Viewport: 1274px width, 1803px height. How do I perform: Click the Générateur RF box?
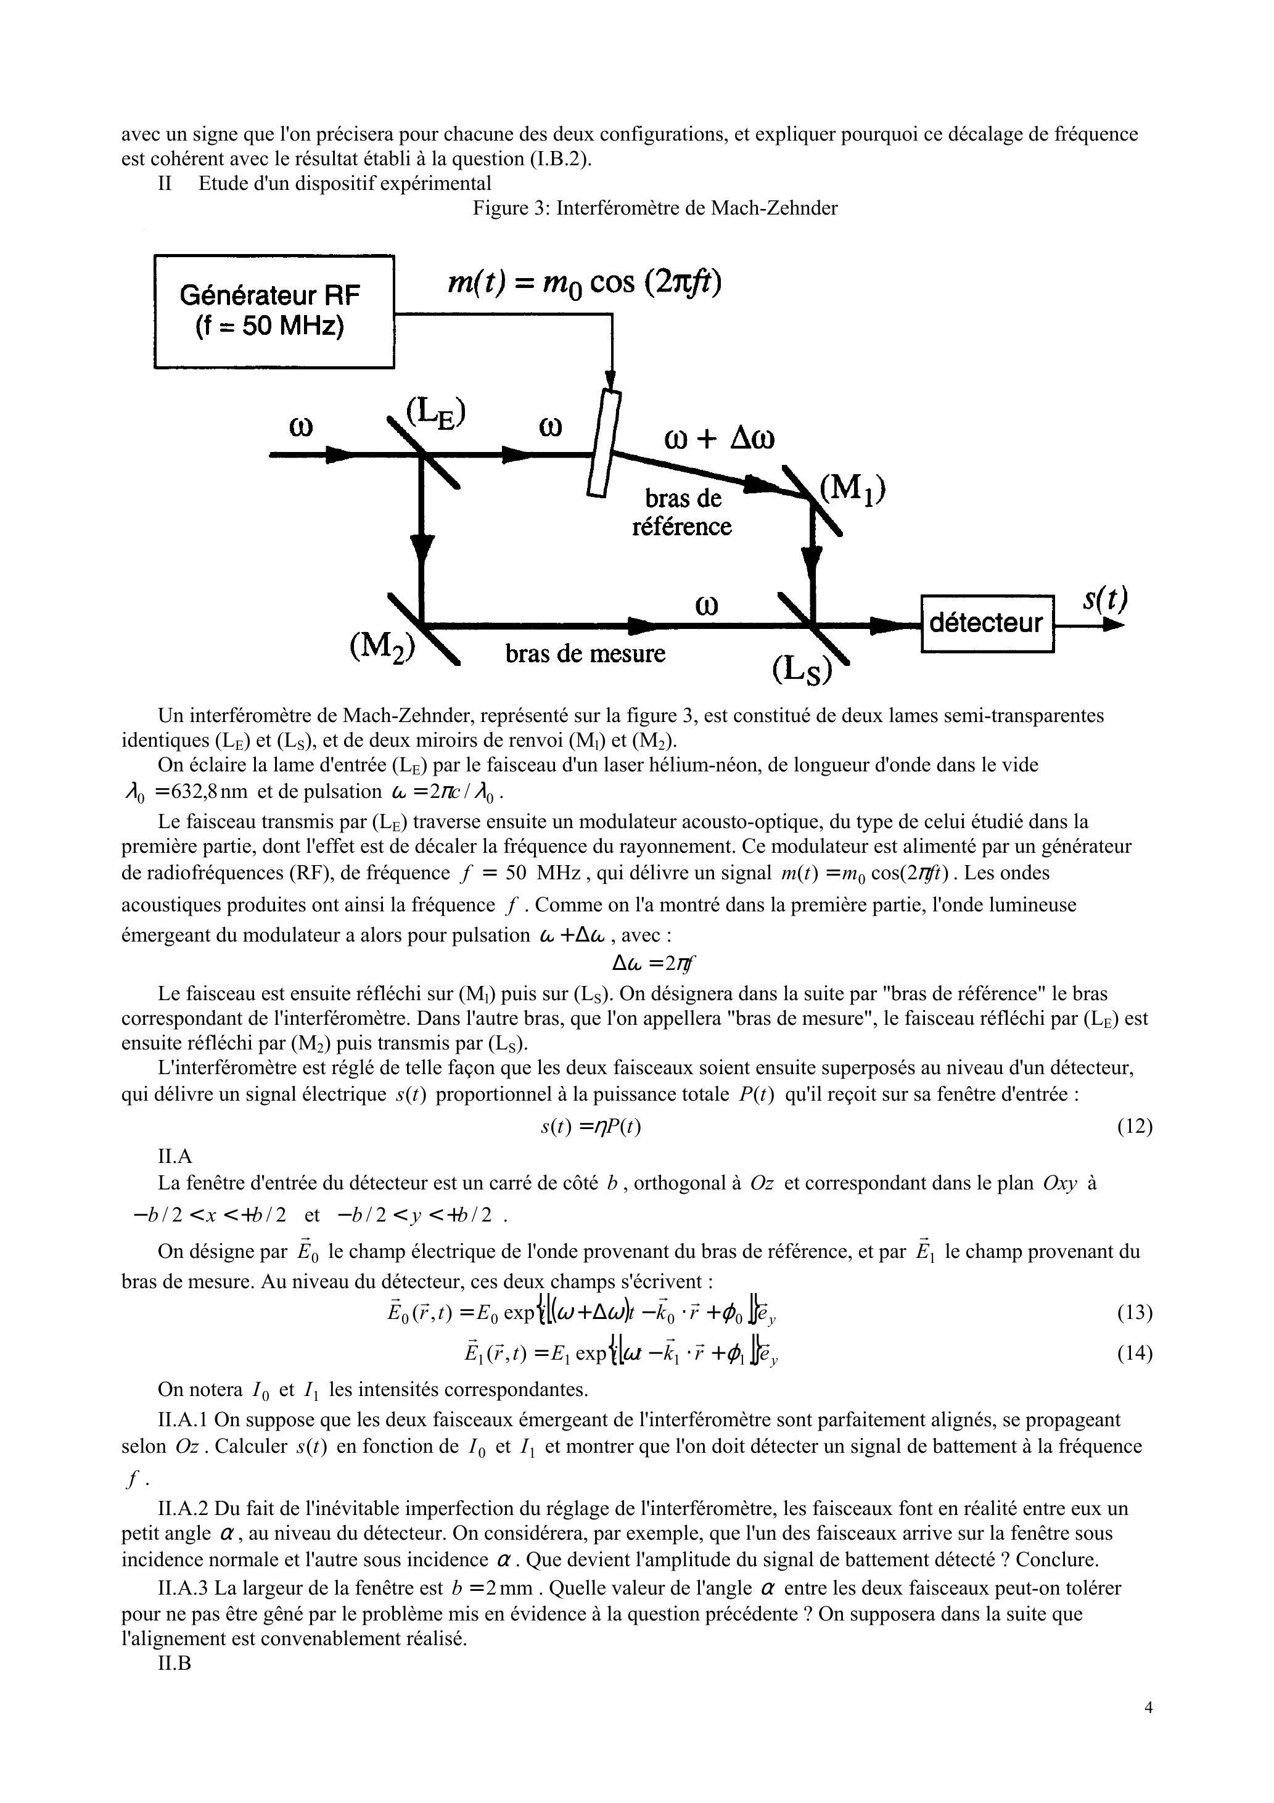point(273,311)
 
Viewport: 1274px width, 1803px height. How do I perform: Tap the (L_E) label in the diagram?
point(436,413)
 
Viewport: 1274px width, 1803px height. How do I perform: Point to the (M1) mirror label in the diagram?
point(852,491)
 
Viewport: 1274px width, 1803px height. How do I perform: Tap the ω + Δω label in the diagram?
point(718,438)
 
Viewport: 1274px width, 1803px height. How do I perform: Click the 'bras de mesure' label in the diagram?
point(585,654)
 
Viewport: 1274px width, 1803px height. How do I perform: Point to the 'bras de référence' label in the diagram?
point(682,512)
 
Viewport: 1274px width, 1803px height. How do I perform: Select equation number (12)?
point(1134,1127)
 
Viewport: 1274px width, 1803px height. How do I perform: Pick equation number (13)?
point(1134,1312)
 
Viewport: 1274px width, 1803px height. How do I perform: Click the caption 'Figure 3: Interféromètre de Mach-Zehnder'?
point(654,208)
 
